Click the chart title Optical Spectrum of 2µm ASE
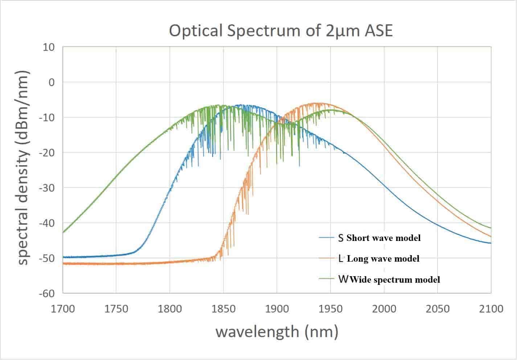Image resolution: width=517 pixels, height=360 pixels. [x=281, y=31]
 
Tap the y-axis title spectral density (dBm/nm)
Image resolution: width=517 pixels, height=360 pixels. [x=22, y=168]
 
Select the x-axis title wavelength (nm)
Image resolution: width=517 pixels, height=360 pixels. [x=277, y=332]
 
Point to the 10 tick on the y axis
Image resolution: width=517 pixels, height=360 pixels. [x=48, y=47]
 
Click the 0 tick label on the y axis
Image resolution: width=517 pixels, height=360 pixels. [x=51, y=82]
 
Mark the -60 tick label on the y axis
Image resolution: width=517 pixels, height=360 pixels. [x=46, y=293]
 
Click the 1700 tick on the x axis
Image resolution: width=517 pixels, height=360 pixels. [x=63, y=309]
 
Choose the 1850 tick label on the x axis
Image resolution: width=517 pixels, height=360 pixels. [x=223, y=309]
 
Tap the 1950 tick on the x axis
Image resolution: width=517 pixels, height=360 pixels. [x=330, y=309]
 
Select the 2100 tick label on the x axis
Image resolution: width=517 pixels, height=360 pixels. [x=491, y=309]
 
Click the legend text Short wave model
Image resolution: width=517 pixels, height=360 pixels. [x=383, y=238]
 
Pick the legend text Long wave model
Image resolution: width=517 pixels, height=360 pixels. [x=383, y=259]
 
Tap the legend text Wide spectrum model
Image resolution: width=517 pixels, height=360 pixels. [x=395, y=279]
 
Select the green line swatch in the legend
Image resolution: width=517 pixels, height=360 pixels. [x=326, y=279]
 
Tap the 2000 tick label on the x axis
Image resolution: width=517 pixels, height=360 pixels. [x=384, y=309]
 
